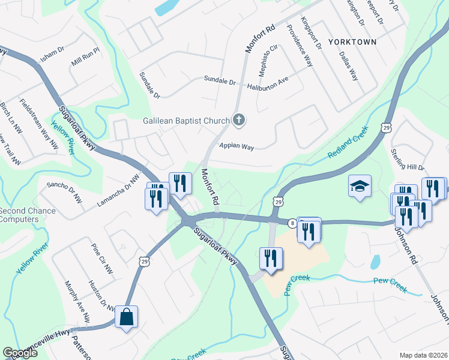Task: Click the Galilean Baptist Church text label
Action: pyautogui.click(x=186, y=120)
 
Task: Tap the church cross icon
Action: pyautogui.click(x=238, y=120)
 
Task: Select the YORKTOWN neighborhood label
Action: pyautogui.click(x=352, y=42)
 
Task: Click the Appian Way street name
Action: pyautogui.click(x=237, y=145)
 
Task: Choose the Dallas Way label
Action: pyautogui.click(x=349, y=65)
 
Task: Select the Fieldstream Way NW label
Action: pyautogui.click(x=39, y=124)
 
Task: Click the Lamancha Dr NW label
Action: pyautogui.click(x=118, y=191)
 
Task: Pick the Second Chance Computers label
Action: pyautogui.click(x=28, y=215)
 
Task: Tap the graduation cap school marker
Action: pyautogui.click(x=360, y=186)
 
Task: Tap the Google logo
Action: pyautogui.click(x=20, y=353)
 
